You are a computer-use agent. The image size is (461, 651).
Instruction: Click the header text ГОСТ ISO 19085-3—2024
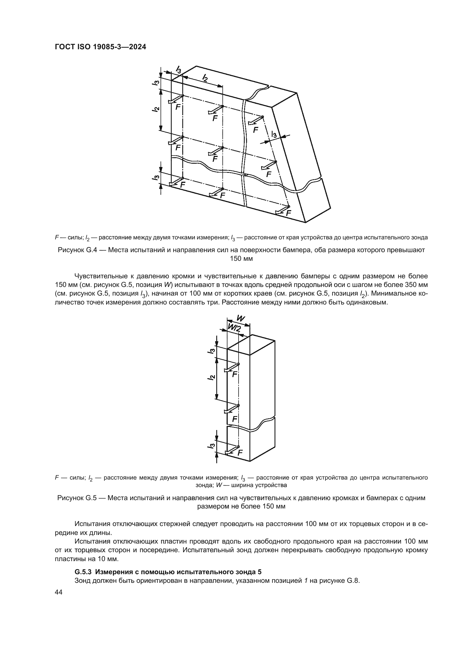click(x=100, y=47)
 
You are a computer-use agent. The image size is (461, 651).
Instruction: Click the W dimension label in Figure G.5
click(x=240, y=318)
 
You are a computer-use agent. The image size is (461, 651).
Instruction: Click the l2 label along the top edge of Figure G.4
click(x=204, y=77)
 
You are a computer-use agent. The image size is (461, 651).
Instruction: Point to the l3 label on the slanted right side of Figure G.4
click(x=274, y=134)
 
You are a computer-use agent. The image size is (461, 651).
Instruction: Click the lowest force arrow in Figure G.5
click(x=231, y=450)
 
